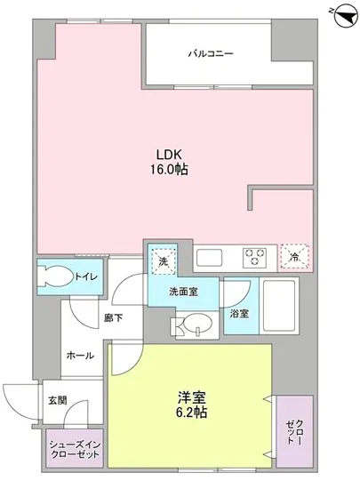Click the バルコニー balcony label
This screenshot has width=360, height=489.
pyautogui.click(x=210, y=54)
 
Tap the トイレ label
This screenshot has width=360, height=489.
pyautogui.click(x=85, y=277)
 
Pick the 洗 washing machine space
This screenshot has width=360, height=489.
pyautogui.click(x=163, y=261)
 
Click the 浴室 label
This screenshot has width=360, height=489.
pyautogui.click(x=237, y=313)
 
